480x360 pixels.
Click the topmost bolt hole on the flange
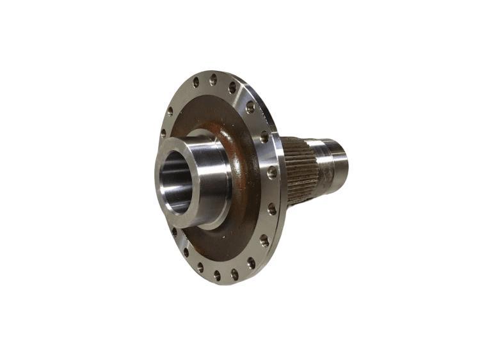coord(213,81)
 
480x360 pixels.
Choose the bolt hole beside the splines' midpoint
coord(272,173)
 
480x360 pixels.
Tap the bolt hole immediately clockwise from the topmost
coord(232,87)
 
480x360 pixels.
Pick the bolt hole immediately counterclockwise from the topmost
coord(195,82)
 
